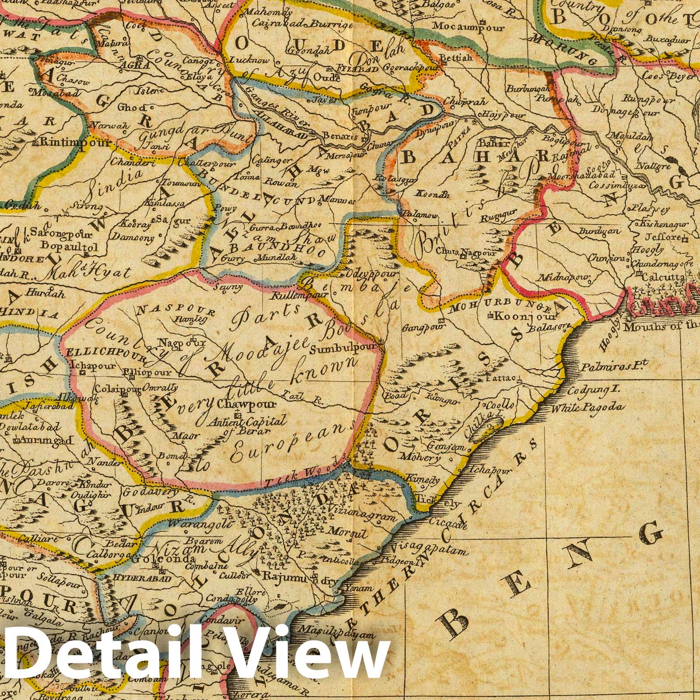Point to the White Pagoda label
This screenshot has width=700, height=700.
tap(587, 408)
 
